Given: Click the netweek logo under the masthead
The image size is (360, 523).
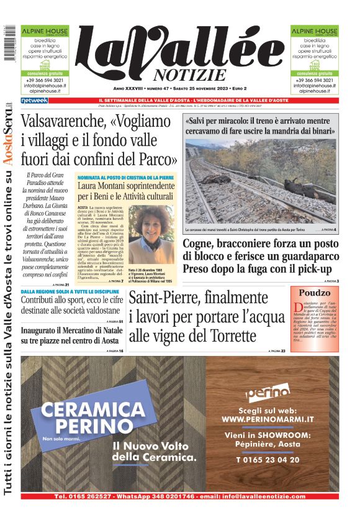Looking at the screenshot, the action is (x=34, y=100).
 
